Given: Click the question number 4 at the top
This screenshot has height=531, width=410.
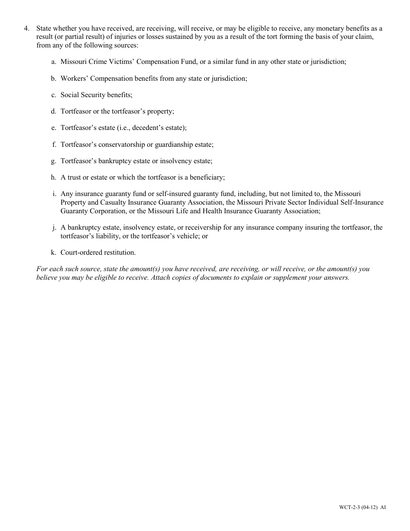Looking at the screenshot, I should point(26,29).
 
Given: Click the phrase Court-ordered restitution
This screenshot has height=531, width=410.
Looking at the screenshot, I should point(98,253).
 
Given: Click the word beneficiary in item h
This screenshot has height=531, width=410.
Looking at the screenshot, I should point(208,177).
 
